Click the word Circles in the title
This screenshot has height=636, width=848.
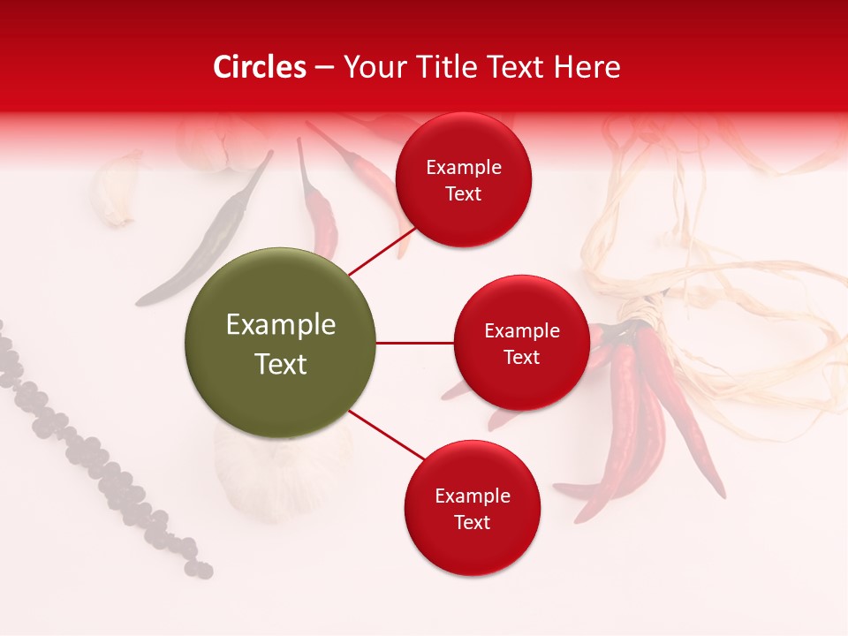click(259, 67)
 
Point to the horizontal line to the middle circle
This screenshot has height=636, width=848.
click(414, 343)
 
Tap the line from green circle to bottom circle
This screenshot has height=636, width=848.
click(387, 434)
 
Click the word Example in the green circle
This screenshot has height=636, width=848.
click(280, 325)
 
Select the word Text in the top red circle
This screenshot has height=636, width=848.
click(463, 194)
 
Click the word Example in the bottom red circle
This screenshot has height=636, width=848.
click(472, 496)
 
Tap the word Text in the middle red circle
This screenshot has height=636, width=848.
click(521, 358)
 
